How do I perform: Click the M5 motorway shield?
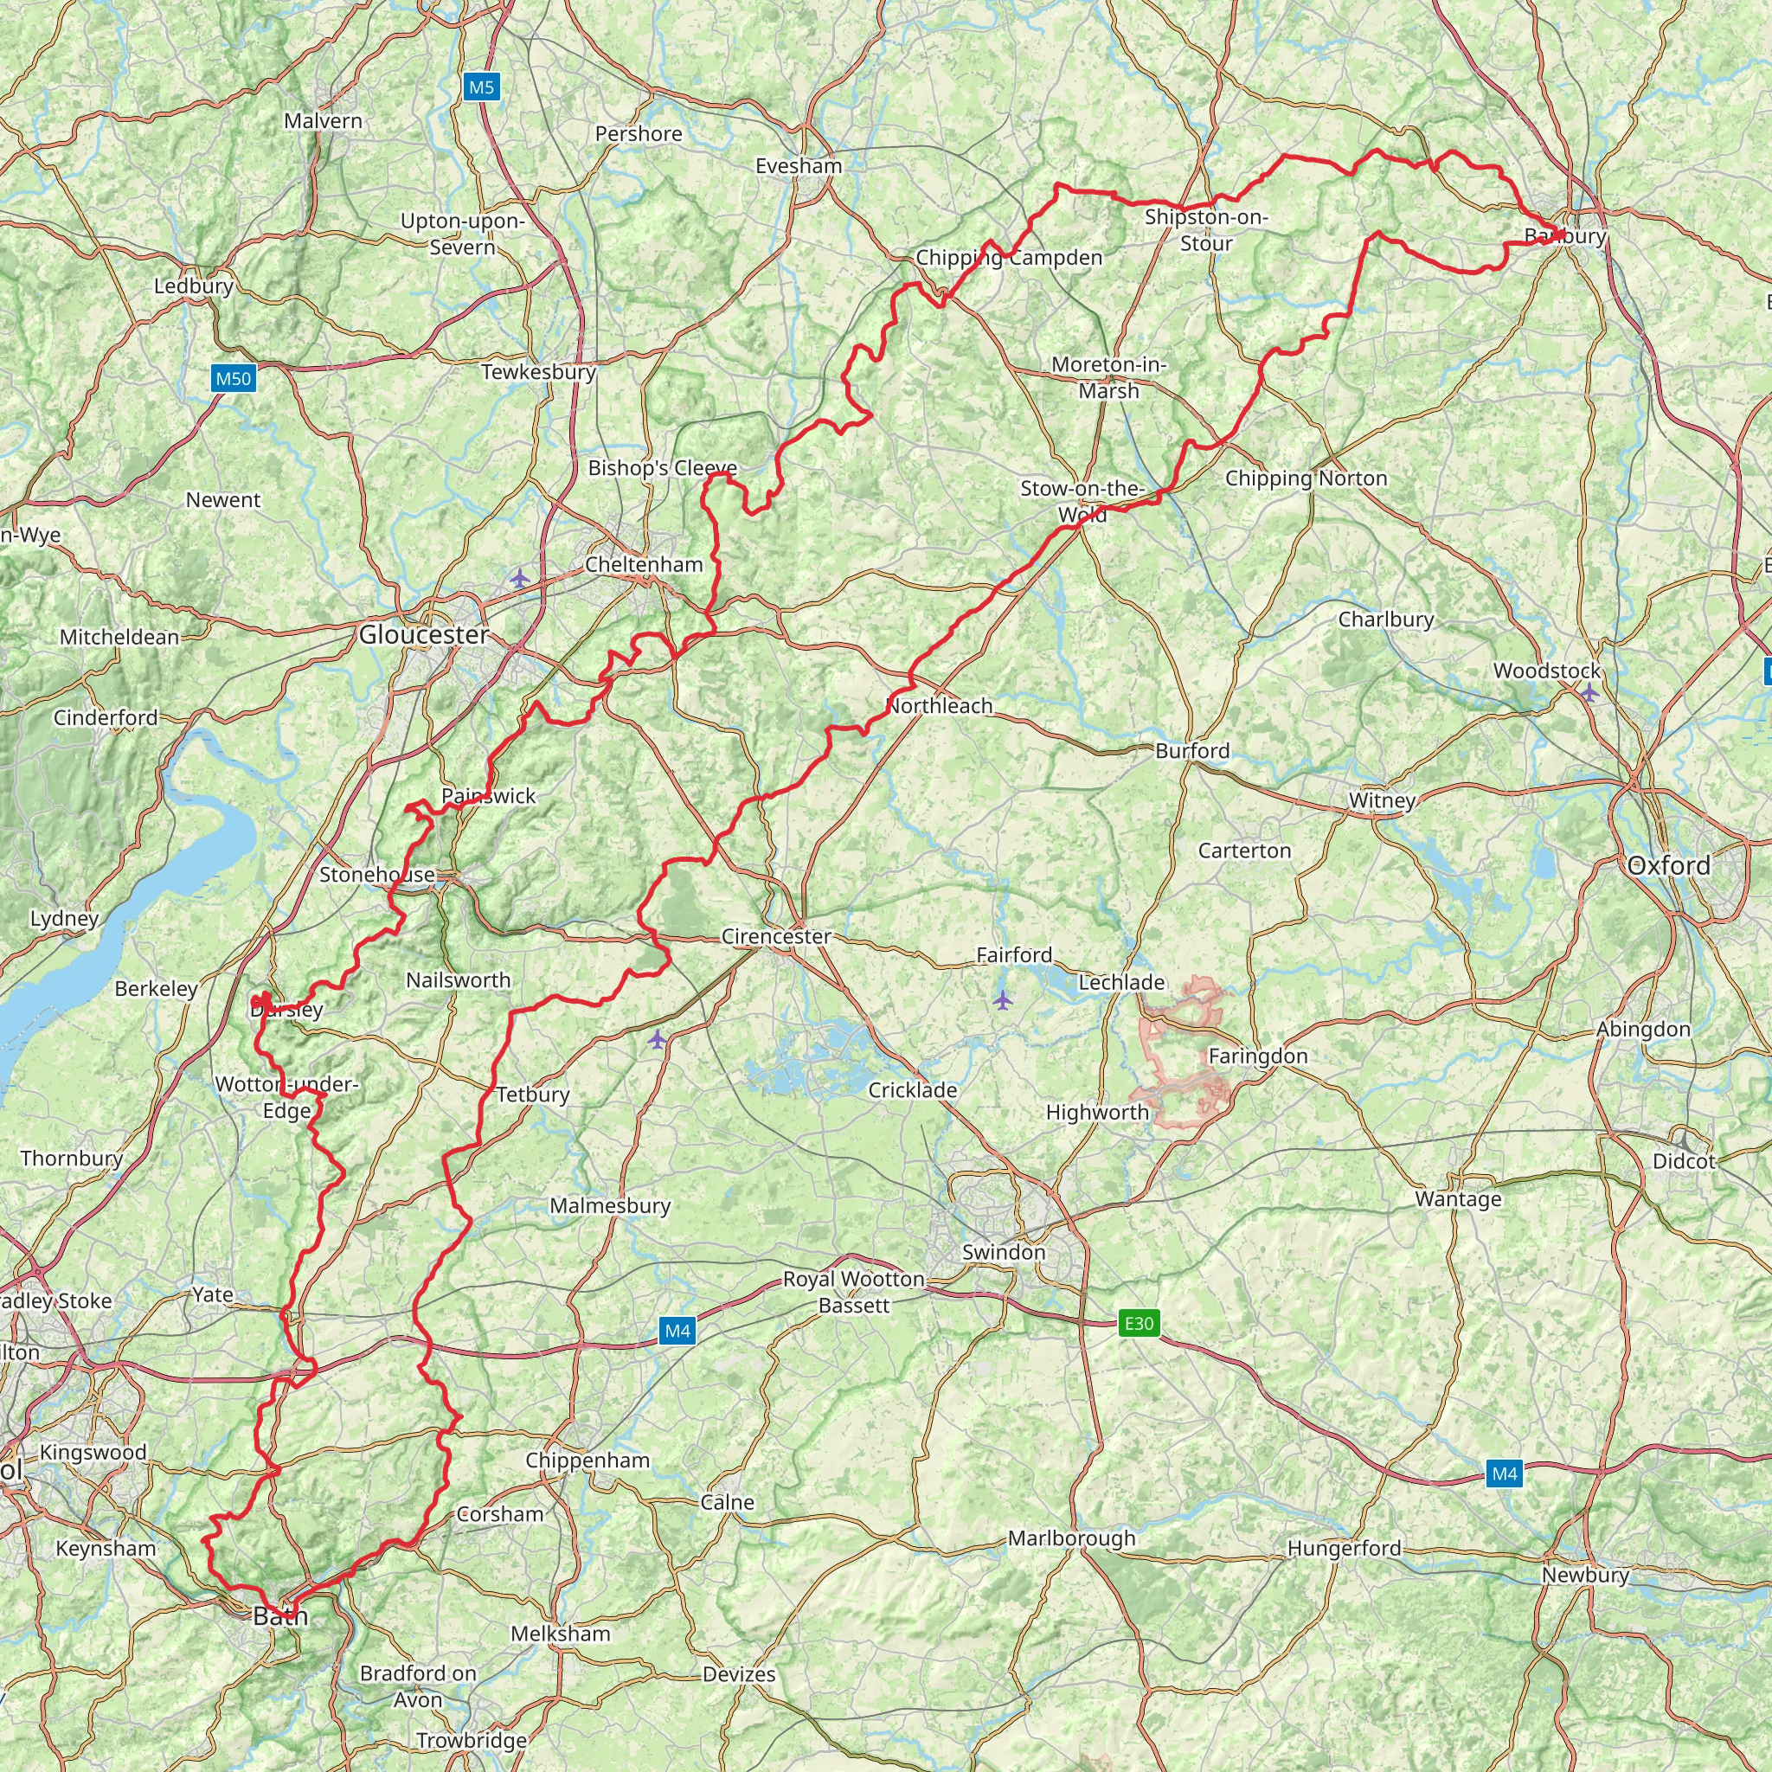tap(480, 87)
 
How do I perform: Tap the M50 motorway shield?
tap(233, 378)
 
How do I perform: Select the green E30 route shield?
tap(1139, 1323)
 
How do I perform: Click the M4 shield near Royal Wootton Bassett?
tap(677, 1331)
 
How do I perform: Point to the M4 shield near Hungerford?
tap(1504, 1473)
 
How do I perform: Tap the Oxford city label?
tap(1667, 865)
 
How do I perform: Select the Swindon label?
tap(1004, 1252)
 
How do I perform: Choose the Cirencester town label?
tap(776, 936)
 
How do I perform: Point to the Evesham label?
tap(799, 166)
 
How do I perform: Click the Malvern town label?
tap(323, 121)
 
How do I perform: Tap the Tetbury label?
tap(533, 1095)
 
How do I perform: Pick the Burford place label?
tap(1191, 750)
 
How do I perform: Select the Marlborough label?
tap(1071, 1538)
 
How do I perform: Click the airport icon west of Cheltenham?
tap(520, 578)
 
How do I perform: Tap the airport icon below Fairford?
tap(1003, 998)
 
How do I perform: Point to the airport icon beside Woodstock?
tap(1589, 693)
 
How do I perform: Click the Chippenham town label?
tap(587, 1461)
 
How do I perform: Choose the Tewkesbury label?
tap(538, 371)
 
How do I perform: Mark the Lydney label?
tap(64, 918)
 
